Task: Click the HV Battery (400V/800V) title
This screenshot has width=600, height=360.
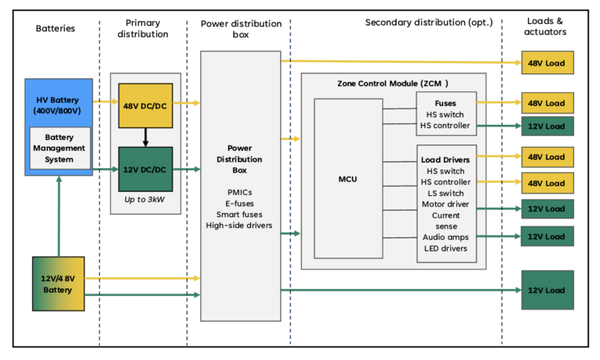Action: [58, 105]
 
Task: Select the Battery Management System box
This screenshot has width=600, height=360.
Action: [59, 148]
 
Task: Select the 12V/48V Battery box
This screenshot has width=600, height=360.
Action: [59, 284]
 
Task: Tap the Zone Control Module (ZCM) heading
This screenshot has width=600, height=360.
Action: [393, 83]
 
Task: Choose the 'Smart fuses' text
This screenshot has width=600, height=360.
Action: [239, 213]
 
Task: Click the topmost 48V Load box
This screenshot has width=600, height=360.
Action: [548, 62]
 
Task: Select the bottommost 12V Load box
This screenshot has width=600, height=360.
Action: [548, 290]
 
